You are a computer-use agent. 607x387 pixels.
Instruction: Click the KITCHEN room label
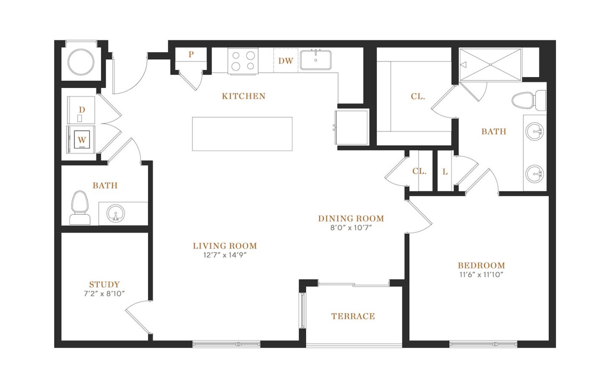point(244,96)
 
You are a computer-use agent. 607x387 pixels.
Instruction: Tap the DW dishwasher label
point(286,61)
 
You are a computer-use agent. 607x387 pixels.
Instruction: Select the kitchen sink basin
point(316,60)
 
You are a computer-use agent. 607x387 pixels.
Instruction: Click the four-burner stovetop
point(243,61)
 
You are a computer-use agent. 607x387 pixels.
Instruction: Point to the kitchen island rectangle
point(242,134)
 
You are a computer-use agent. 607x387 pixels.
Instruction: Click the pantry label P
point(191,55)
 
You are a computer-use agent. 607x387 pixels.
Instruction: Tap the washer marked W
point(82,140)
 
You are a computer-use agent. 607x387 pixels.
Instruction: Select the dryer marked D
point(82,110)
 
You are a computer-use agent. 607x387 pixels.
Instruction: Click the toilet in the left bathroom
point(80,208)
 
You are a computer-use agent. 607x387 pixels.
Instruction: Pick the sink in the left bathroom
point(116,213)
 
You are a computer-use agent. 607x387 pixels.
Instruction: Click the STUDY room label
point(104,285)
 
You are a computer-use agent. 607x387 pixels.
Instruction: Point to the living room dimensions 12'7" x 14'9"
point(225,255)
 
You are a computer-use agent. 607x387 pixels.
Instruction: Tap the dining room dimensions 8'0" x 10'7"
point(351,228)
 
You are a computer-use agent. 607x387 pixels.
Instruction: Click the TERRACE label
point(353,316)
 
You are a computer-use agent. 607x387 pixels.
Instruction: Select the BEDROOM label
point(481,265)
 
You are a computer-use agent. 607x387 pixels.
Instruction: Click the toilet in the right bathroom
point(528,100)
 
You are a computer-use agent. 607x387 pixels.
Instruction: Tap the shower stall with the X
point(491,64)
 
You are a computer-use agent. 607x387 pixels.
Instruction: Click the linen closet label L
point(445,172)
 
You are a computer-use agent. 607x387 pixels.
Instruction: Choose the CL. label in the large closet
point(418,96)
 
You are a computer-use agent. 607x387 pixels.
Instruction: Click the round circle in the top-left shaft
point(81,62)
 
